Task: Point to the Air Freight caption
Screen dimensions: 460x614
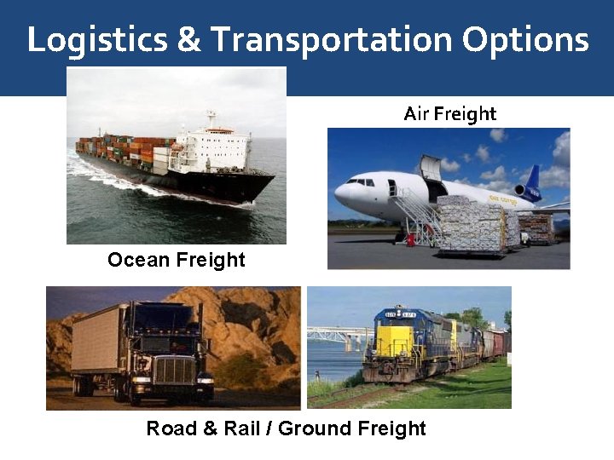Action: [x=449, y=113]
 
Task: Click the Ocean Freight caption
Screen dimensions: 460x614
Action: [x=176, y=260]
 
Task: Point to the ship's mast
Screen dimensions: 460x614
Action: [x=211, y=119]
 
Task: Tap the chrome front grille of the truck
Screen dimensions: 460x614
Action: [x=174, y=371]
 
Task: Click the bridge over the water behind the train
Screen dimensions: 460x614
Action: [x=337, y=334]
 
